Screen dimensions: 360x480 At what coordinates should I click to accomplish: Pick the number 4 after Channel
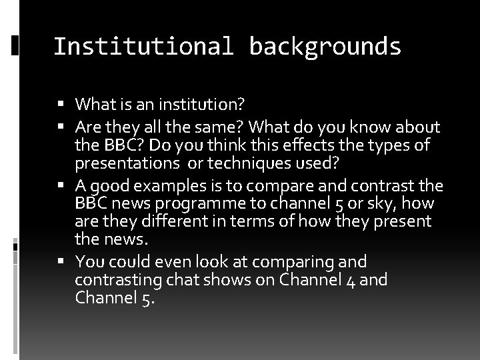pyautogui.click(x=351, y=279)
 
